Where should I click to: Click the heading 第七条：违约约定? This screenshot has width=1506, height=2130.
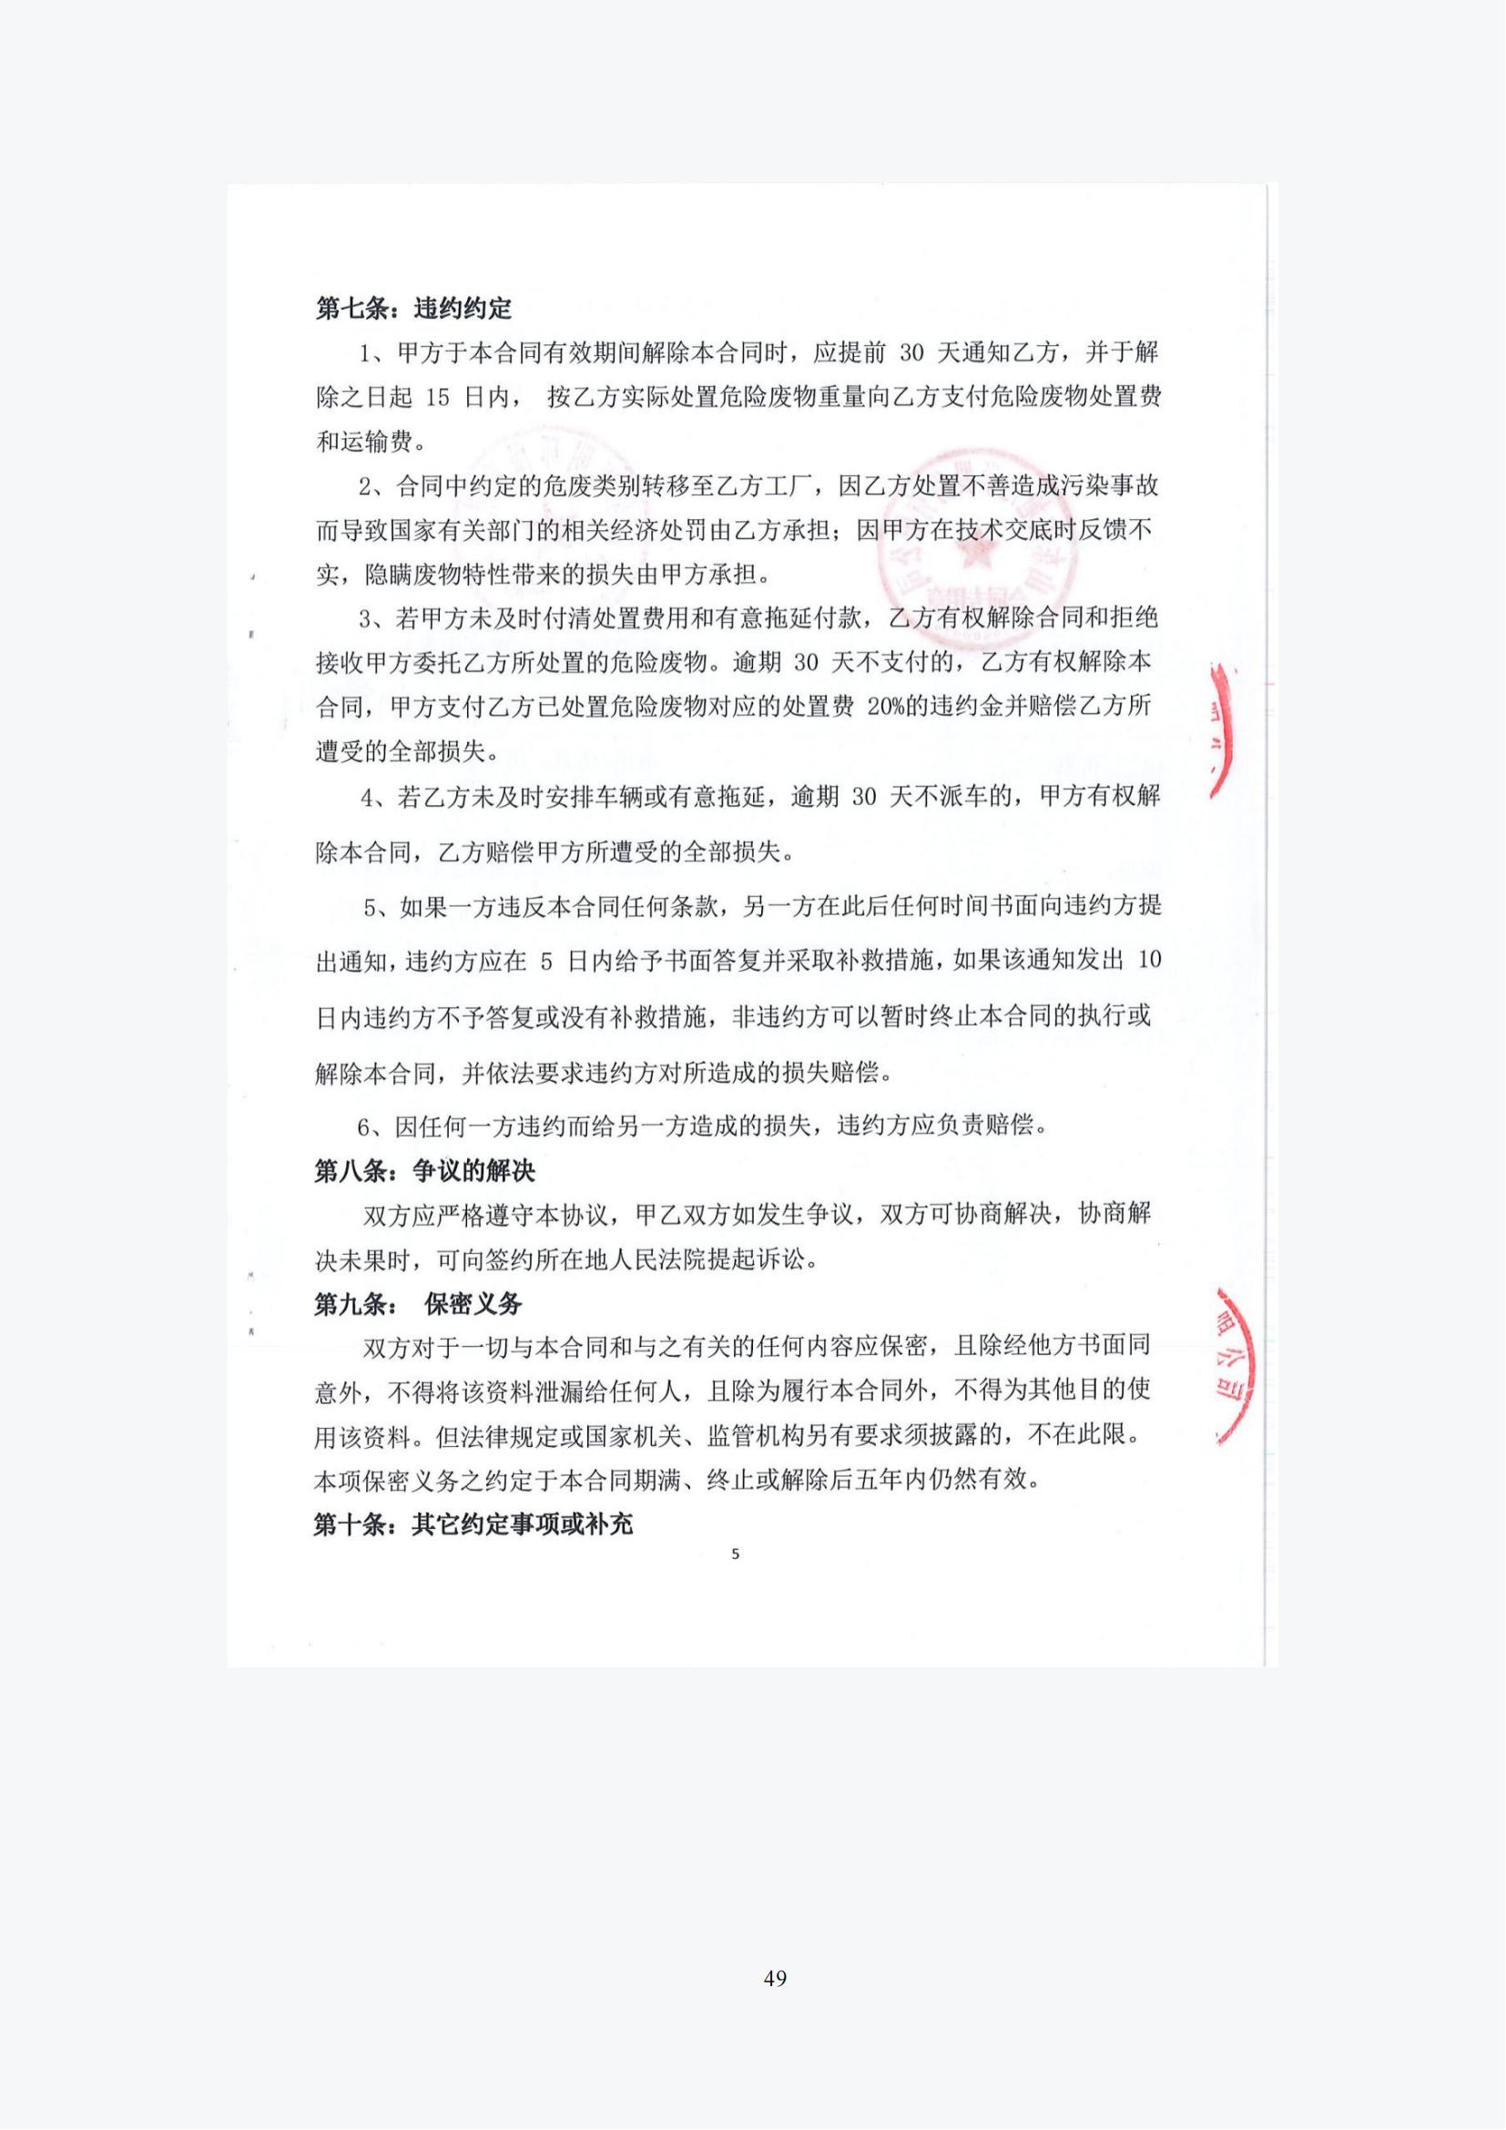click(x=413, y=308)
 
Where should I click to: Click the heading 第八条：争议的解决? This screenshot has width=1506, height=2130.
click(x=424, y=1171)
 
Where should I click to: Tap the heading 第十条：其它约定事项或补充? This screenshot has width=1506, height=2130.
click(x=473, y=1524)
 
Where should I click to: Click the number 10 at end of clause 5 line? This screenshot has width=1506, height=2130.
click(x=1148, y=960)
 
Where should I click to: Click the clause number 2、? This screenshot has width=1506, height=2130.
click(x=372, y=485)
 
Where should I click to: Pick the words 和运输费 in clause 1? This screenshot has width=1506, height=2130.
click(x=364, y=442)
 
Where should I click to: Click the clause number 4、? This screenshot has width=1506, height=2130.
click(x=374, y=797)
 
